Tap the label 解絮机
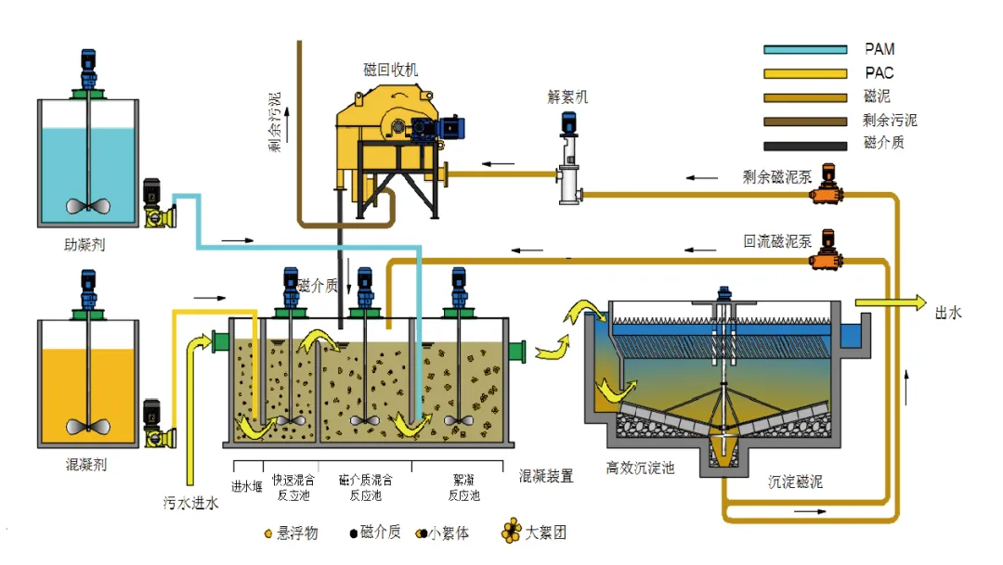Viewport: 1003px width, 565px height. [x=567, y=96]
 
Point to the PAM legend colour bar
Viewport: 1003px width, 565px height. [x=804, y=49]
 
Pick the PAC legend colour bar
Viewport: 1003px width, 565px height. [x=804, y=72]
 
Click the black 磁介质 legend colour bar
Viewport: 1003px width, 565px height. [x=804, y=145]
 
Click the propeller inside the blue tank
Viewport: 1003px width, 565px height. [x=88, y=207]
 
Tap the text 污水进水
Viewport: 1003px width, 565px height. [x=191, y=504]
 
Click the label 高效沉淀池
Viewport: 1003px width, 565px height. [x=640, y=468]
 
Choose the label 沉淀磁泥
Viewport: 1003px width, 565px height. [x=795, y=482]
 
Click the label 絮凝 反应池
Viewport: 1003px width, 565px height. [x=463, y=488]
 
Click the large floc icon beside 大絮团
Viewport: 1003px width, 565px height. [x=512, y=533]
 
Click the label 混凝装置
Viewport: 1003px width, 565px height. [x=545, y=476]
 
